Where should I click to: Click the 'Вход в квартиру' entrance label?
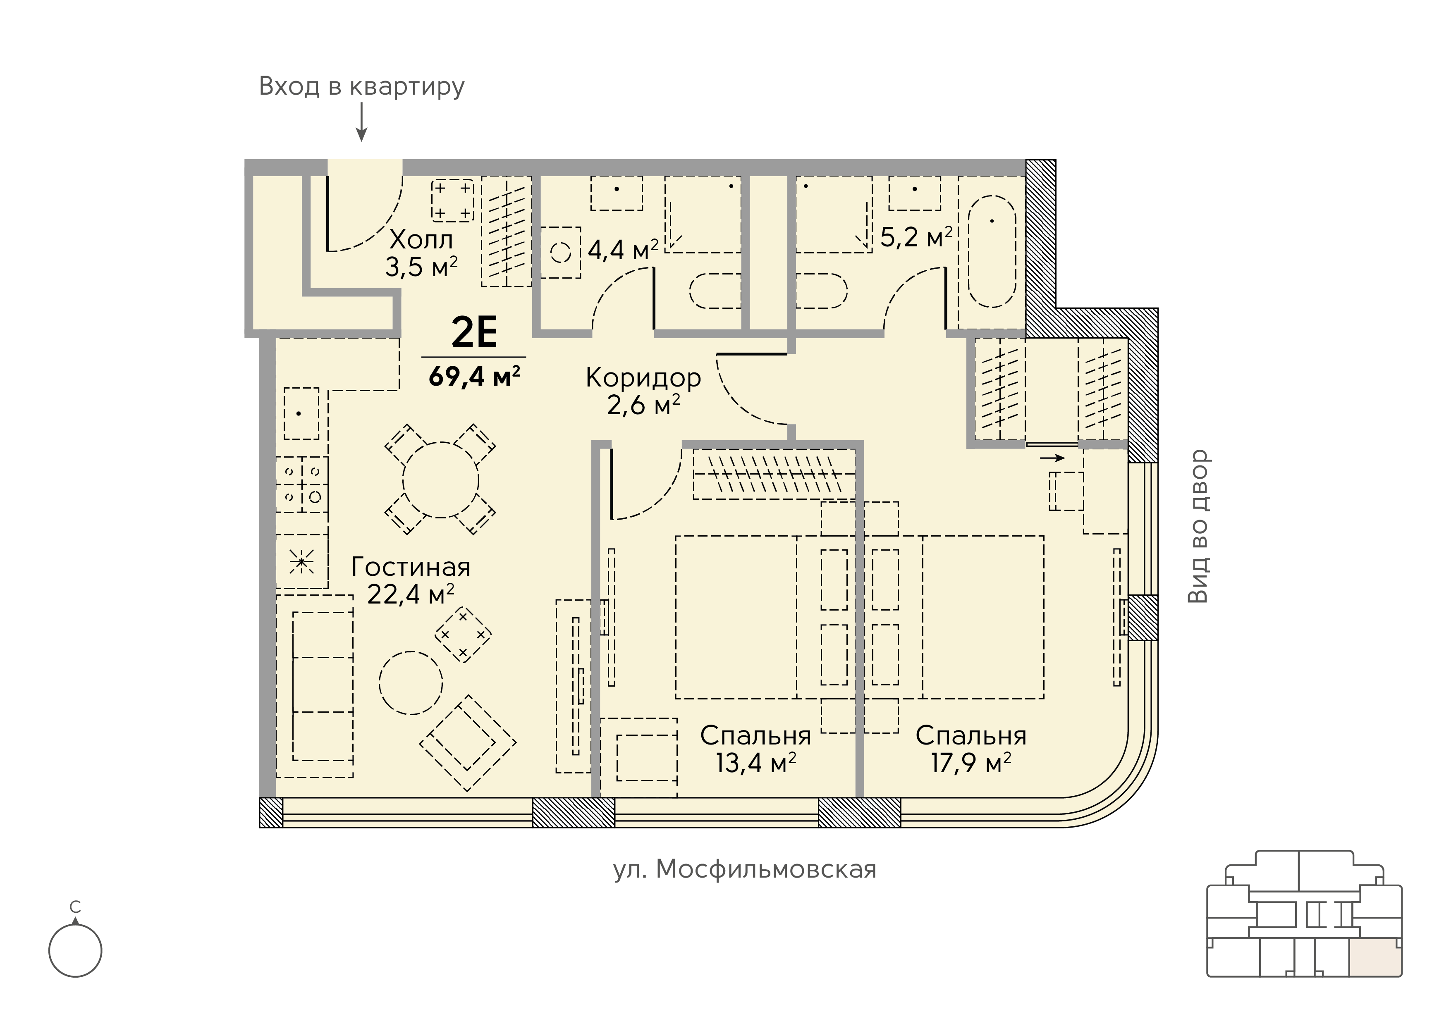coord(361,86)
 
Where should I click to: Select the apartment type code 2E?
coord(474,332)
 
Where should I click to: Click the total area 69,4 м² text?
coord(474,377)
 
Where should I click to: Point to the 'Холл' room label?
coord(421,240)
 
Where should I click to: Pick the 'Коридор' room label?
coord(643,378)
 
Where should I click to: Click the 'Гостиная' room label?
coord(411,567)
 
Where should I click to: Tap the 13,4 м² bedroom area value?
coord(756,763)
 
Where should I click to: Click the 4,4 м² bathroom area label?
coord(623,250)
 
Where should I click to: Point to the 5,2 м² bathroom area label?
coord(916,238)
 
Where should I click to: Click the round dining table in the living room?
coord(440,481)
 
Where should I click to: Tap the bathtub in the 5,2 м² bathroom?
coord(992,251)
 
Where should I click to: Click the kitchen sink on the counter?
coord(301,413)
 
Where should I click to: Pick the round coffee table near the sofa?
coord(411,682)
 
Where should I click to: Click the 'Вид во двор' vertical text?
coord(1198,526)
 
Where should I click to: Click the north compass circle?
coord(75,951)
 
